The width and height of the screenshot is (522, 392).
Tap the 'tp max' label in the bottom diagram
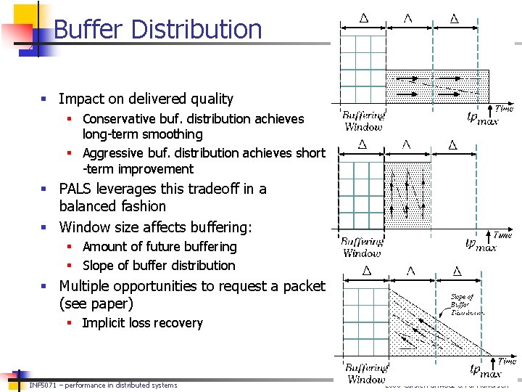tap(484, 372)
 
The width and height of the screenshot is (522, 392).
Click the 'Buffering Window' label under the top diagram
tap(364, 121)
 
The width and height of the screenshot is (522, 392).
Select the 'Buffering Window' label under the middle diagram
tap(362, 248)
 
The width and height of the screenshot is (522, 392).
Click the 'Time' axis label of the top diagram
tap(505, 108)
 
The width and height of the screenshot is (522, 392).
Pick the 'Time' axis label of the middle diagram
tap(503, 234)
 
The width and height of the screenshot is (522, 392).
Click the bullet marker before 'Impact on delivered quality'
tap(45, 99)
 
